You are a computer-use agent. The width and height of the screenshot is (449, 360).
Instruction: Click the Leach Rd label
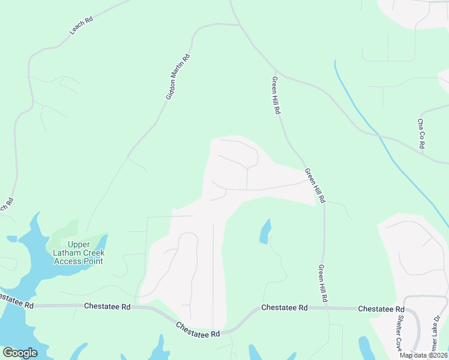point(81,25)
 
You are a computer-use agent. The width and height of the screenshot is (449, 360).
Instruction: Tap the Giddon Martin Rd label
point(178,77)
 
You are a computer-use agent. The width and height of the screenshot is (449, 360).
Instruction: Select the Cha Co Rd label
point(421,133)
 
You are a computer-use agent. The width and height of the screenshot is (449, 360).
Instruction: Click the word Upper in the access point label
point(79,244)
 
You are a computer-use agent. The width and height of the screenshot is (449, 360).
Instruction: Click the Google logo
point(20,353)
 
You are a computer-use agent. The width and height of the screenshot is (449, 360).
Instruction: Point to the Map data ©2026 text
point(423,355)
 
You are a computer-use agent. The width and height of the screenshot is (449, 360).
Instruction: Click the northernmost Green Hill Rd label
point(277,96)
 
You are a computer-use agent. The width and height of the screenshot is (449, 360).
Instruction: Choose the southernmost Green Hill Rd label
point(322,283)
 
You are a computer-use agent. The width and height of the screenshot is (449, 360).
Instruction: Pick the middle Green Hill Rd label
point(315,185)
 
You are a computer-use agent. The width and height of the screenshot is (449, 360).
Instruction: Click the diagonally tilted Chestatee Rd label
point(198,329)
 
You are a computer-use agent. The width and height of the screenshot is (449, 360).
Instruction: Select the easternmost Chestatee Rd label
point(381,309)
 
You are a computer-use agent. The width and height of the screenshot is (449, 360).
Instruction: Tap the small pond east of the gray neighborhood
point(265,232)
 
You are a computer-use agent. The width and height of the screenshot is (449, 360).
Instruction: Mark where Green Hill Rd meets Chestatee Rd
point(326,308)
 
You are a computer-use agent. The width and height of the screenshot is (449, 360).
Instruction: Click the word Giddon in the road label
point(171,90)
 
